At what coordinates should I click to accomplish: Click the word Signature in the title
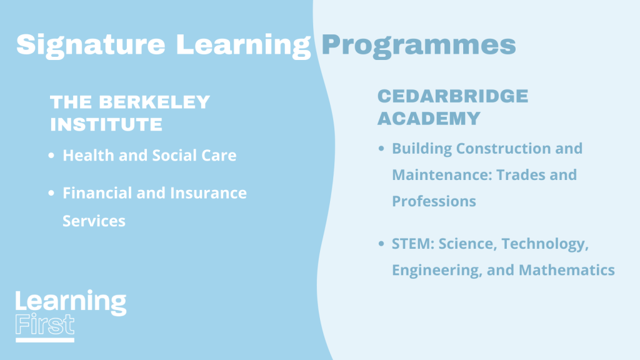click(91, 46)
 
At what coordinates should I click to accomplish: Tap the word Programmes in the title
click(419, 46)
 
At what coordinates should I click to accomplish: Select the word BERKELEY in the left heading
click(154, 102)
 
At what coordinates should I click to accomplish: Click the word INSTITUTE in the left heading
click(106, 124)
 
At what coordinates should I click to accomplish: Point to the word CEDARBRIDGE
click(452, 96)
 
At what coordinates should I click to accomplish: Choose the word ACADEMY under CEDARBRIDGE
click(429, 119)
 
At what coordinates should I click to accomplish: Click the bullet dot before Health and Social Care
click(51, 155)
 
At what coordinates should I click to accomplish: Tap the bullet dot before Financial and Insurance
click(51, 192)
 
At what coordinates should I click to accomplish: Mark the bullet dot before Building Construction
click(381, 148)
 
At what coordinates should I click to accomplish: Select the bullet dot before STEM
click(381, 244)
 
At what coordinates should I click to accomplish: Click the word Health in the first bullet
click(88, 155)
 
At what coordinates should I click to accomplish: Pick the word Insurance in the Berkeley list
click(208, 192)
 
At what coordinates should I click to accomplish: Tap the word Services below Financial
click(94, 221)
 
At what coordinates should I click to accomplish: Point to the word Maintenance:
click(442, 175)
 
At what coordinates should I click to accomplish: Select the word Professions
click(434, 201)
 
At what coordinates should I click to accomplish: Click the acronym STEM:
click(413, 244)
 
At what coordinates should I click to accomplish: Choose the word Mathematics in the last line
click(566, 270)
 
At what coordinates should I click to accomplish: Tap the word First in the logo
click(45, 325)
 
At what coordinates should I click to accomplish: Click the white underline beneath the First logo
click(45, 340)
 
